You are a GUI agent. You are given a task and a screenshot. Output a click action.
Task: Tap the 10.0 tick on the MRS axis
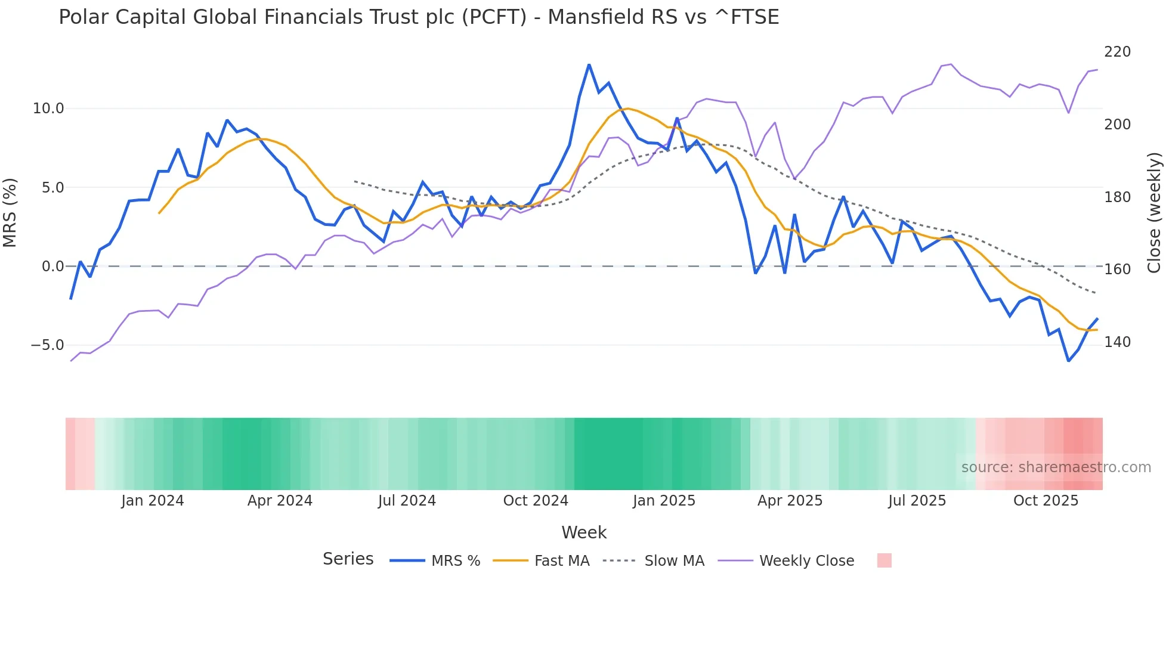[x=48, y=109]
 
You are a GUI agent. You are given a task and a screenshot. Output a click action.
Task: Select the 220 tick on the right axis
[x=1117, y=52]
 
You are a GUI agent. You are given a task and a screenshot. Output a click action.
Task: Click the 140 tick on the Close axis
[x=1117, y=342]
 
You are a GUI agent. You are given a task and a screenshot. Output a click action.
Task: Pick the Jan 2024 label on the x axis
[x=152, y=501]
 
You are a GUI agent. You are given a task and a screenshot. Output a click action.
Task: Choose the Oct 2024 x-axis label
[x=536, y=501]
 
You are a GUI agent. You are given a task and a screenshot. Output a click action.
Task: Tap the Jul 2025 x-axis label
[x=917, y=501]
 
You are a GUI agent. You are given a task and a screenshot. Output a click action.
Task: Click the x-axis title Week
[x=584, y=532]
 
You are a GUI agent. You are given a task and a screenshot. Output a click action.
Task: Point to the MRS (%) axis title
[x=10, y=212]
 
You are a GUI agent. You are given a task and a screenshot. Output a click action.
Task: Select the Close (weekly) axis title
[x=1155, y=212]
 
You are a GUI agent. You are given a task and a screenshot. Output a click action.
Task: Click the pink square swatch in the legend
[x=885, y=560]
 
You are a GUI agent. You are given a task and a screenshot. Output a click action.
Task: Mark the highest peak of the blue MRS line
[x=589, y=64]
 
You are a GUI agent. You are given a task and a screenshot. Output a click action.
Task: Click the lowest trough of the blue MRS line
[x=1068, y=361]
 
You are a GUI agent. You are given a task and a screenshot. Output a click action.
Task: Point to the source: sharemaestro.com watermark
[x=1056, y=467]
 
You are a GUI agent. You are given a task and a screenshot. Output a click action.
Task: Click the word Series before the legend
[x=348, y=559]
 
